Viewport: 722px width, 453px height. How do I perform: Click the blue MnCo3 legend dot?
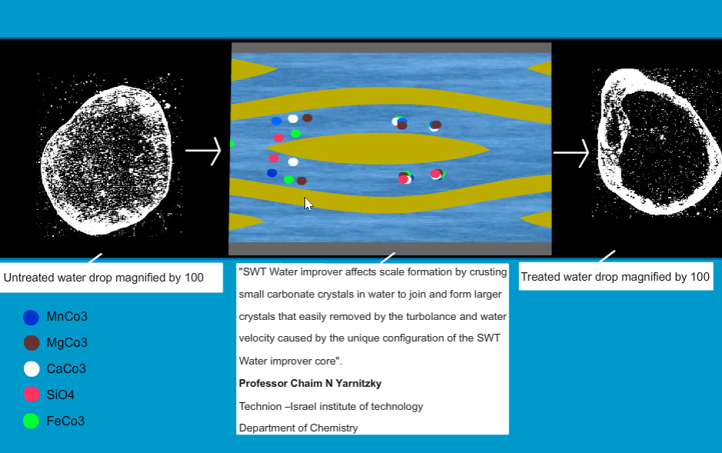click(x=31, y=317)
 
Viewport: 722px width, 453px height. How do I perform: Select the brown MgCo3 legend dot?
click(x=32, y=343)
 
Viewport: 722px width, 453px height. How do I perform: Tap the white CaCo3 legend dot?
click(x=32, y=369)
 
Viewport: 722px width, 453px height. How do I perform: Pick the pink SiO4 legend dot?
click(x=32, y=395)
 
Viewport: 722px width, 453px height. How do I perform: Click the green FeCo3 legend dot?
click(x=31, y=421)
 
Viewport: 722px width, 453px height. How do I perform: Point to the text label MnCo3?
click(x=67, y=317)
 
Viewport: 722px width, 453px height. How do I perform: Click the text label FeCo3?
click(x=65, y=421)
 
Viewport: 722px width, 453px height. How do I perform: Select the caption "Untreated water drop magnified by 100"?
click(x=104, y=278)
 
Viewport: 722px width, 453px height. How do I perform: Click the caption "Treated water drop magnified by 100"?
click(x=615, y=277)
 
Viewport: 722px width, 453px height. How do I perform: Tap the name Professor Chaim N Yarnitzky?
click(x=310, y=384)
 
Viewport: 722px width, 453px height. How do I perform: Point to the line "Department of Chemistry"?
click(x=298, y=428)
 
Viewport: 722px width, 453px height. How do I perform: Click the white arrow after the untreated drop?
click(x=203, y=151)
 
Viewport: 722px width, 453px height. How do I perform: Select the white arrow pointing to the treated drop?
click(x=571, y=153)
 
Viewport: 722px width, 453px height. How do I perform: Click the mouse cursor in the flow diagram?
click(x=308, y=204)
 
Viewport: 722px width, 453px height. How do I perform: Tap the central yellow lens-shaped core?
click(x=378, y=148)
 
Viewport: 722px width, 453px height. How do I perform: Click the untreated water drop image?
click(x=107, y=159)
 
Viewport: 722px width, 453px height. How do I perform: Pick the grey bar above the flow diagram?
click(x=391, y=48)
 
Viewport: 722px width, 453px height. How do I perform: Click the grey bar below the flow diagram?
click(x=390, y=248)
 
